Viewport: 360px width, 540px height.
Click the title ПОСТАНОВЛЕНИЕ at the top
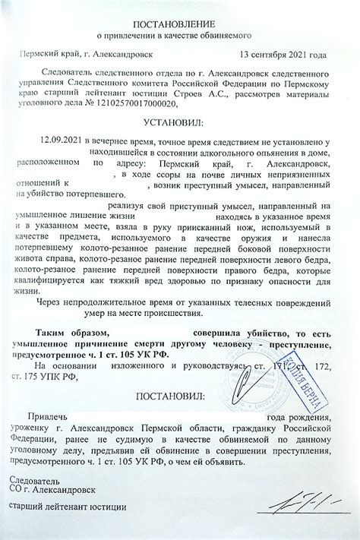click(179, 24)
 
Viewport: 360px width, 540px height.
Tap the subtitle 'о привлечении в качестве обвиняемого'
click(179, 36)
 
